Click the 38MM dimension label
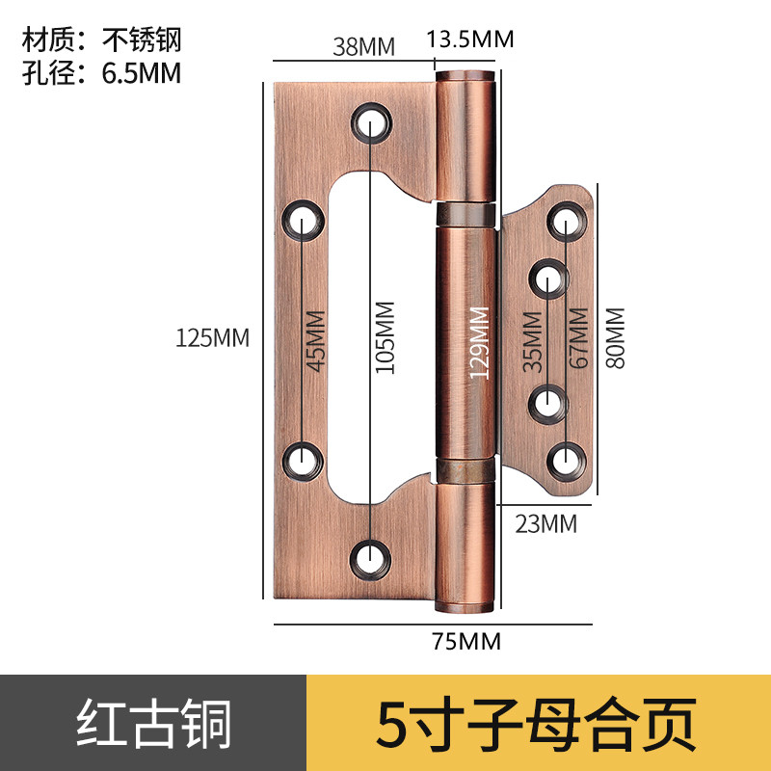pos(358,45)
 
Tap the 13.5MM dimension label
pos(470,40)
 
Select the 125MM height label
pos(212,338)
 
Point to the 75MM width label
pos(467,641)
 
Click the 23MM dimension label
pos(545,524)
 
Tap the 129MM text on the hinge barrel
pos(478,342)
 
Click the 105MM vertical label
pos(385,337)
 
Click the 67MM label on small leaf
pos(578,337)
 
